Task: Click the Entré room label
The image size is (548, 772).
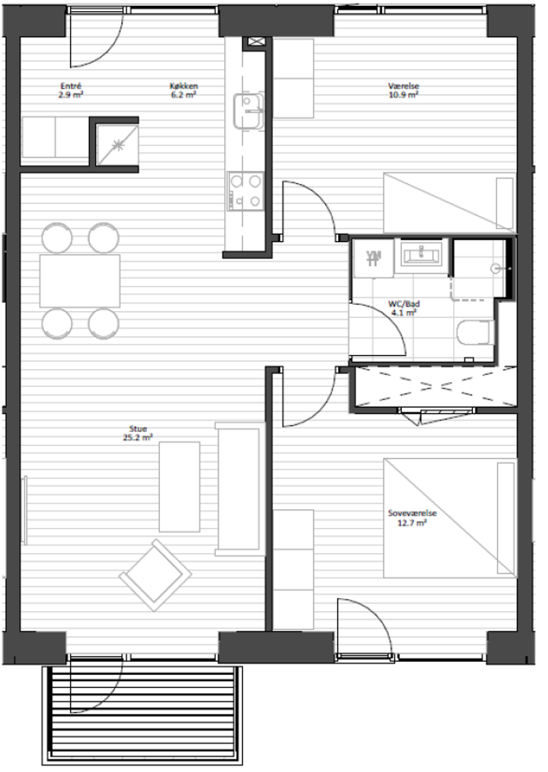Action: pos(71,91)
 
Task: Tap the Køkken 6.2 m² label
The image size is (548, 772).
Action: pos(184,91)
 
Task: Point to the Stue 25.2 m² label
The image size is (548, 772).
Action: pos(138,433)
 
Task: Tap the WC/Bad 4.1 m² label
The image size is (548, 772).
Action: pos(404,308)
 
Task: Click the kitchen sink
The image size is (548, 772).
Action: pos(249,111)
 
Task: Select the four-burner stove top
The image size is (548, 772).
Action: pos(246,191)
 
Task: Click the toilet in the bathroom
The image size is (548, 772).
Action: pos(476,332)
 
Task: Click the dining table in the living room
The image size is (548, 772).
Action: pos(80,281)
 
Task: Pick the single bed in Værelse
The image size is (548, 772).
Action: pos(450,202)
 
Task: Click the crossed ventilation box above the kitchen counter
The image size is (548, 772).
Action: pos(254,42)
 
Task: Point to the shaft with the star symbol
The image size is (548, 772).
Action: pos(117,145)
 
